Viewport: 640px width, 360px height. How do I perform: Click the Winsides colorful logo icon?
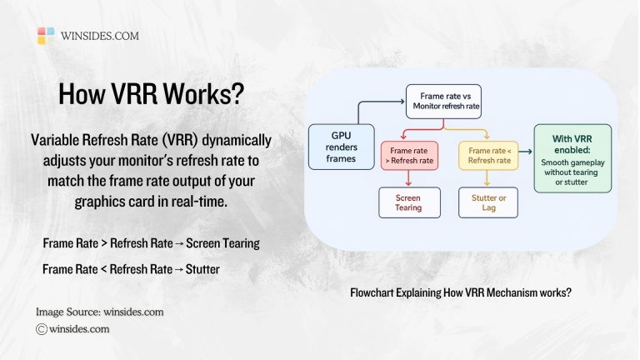click(47, 36)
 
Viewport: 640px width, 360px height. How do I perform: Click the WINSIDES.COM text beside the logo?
click(100, 36)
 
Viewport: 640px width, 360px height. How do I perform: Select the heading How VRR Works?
click(151, 92)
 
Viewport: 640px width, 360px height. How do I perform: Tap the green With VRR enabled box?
click(572, 157)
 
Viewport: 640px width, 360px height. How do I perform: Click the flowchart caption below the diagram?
click(461, 292)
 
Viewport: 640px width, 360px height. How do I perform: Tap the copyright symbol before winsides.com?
click(41, 329)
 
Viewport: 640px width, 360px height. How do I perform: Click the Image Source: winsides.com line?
click(99, 312)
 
